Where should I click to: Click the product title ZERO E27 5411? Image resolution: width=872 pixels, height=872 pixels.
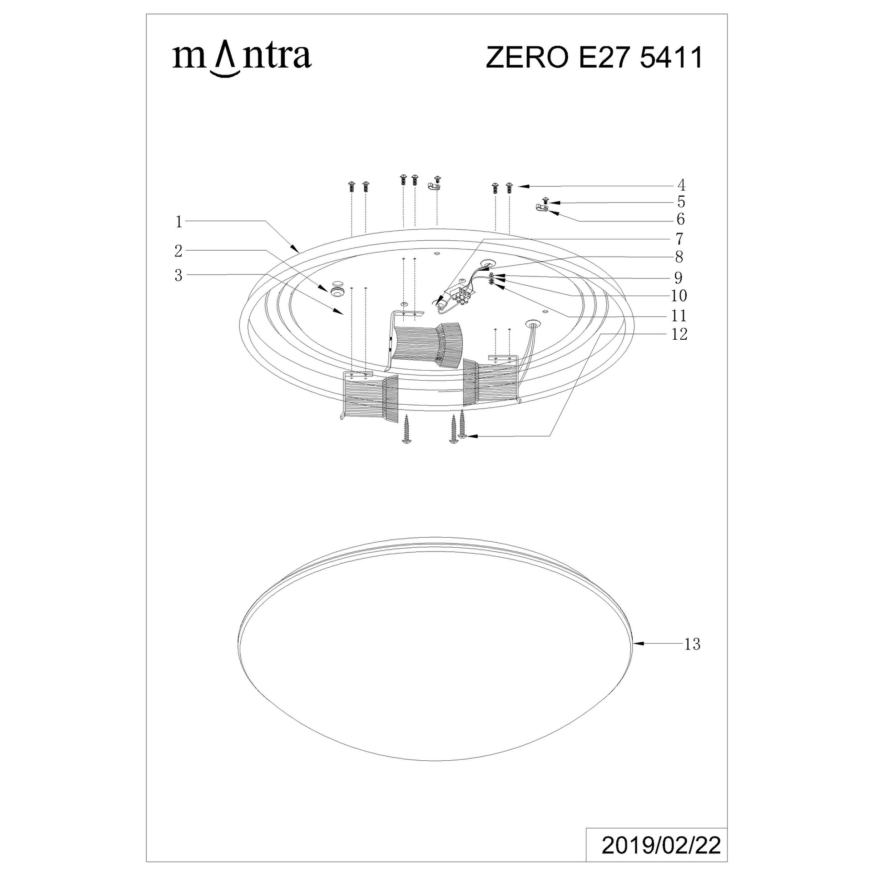coord(595,58)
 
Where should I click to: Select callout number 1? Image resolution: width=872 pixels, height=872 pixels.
coord(179,222)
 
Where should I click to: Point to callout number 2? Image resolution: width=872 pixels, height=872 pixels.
coord(178,251)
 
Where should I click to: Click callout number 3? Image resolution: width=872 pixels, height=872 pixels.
coord(178,275)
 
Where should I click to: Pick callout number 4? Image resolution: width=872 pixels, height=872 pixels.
coord(681,185)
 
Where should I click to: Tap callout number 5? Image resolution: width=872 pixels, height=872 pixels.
coord(681,202)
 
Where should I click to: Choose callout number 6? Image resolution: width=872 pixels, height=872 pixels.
coord(680,219)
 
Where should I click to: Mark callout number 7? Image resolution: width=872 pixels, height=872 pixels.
coord(679,238)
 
